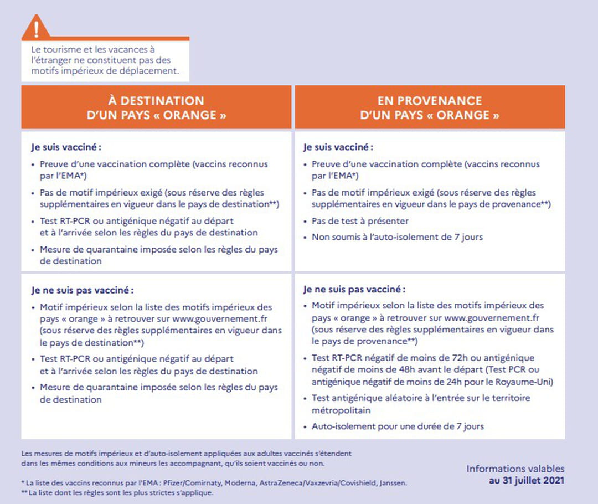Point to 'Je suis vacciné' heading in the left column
click(x=66, y=148)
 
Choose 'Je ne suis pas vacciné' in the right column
click(x=354, y=289)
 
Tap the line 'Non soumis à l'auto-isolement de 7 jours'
click(x=397, y=237)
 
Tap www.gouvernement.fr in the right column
click(x=492, y=318)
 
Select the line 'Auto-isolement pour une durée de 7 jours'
click(x=398, y=426)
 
